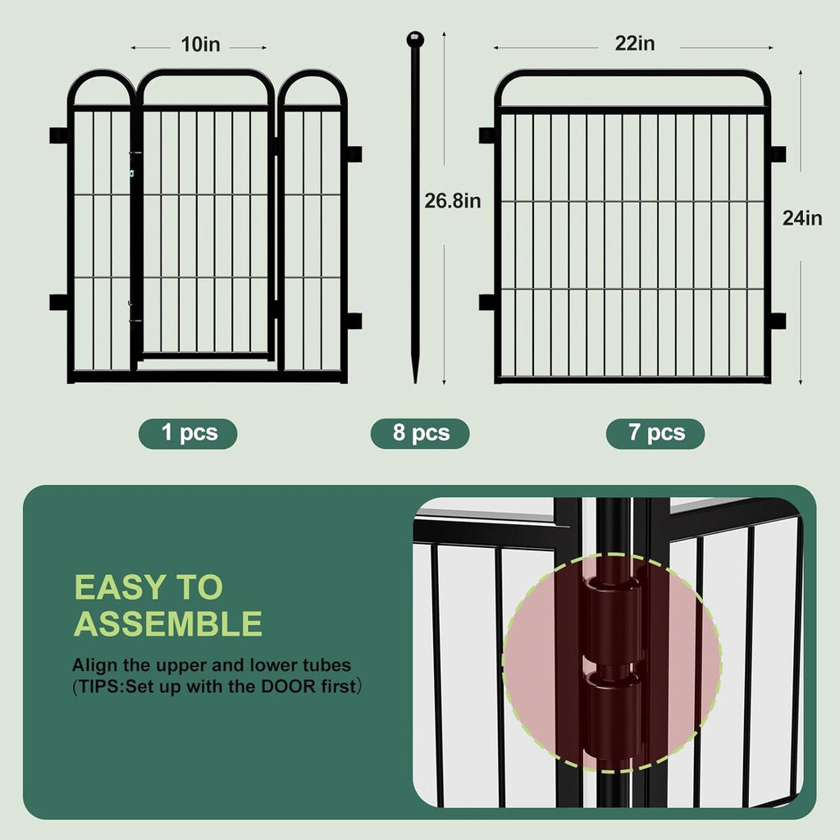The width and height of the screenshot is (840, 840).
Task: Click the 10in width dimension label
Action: click(201, 45)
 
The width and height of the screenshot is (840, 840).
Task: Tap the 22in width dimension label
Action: click(635, 44)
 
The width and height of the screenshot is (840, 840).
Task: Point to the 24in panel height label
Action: click(801, 218)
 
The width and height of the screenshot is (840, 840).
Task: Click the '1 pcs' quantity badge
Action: click(188, 433)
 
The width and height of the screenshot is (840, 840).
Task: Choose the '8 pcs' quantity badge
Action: click(420, 433)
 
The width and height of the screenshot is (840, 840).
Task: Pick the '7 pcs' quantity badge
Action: click(655, 433)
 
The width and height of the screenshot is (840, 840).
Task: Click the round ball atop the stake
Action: click(415, 39)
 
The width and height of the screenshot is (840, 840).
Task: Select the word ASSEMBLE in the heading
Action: click(168, 624)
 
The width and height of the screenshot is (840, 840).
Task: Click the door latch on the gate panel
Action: click(131, 173)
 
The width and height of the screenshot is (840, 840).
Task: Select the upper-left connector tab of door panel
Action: click(58, 135)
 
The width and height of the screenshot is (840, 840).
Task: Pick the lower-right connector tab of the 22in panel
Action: click(777, 321)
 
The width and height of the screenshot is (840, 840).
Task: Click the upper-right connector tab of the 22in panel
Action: click(777, 153)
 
